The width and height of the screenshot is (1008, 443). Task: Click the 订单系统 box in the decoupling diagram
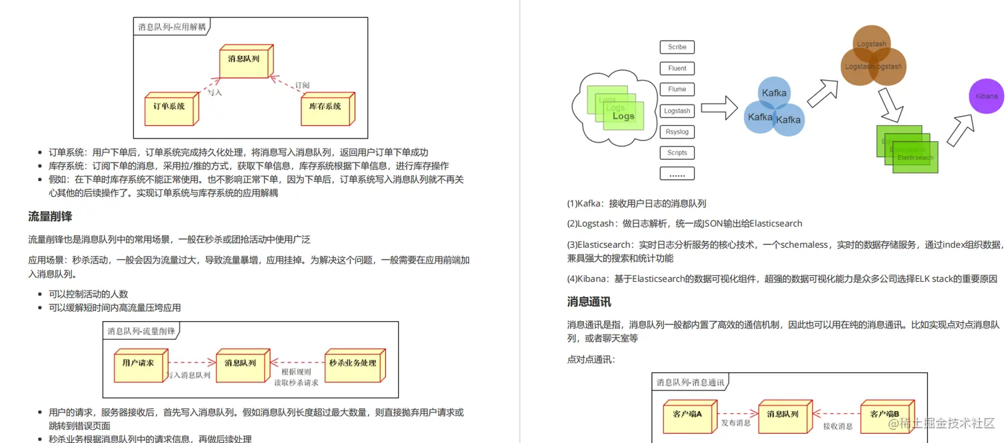point(169,107)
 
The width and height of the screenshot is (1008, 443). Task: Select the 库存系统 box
point(325,107)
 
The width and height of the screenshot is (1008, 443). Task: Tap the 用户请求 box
point(139,364)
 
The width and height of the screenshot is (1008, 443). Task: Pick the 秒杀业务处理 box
point(353,364)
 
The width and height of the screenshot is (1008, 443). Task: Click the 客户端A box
point(687,415)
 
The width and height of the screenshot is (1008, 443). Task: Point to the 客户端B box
point(885,415)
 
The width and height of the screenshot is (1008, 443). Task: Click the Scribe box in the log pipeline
point(677,47)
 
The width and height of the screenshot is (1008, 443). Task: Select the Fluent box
point(677,69)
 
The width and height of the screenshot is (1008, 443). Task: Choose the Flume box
point(677,89)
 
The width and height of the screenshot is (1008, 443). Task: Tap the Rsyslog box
point(677,132)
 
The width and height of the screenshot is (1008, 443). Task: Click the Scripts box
point(677,153)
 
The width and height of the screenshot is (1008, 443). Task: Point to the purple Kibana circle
point(986,97)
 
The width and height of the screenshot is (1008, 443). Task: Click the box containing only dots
point(677,174)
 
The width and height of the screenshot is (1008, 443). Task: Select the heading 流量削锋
point(50,217)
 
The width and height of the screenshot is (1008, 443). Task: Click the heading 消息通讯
point(589,302)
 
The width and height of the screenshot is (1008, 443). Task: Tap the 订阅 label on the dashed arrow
point(301,85)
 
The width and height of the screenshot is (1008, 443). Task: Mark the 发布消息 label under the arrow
point(735,424)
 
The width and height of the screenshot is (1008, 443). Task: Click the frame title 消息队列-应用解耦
point(172,27)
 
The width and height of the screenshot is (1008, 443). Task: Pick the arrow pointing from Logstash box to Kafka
point(719,108)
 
